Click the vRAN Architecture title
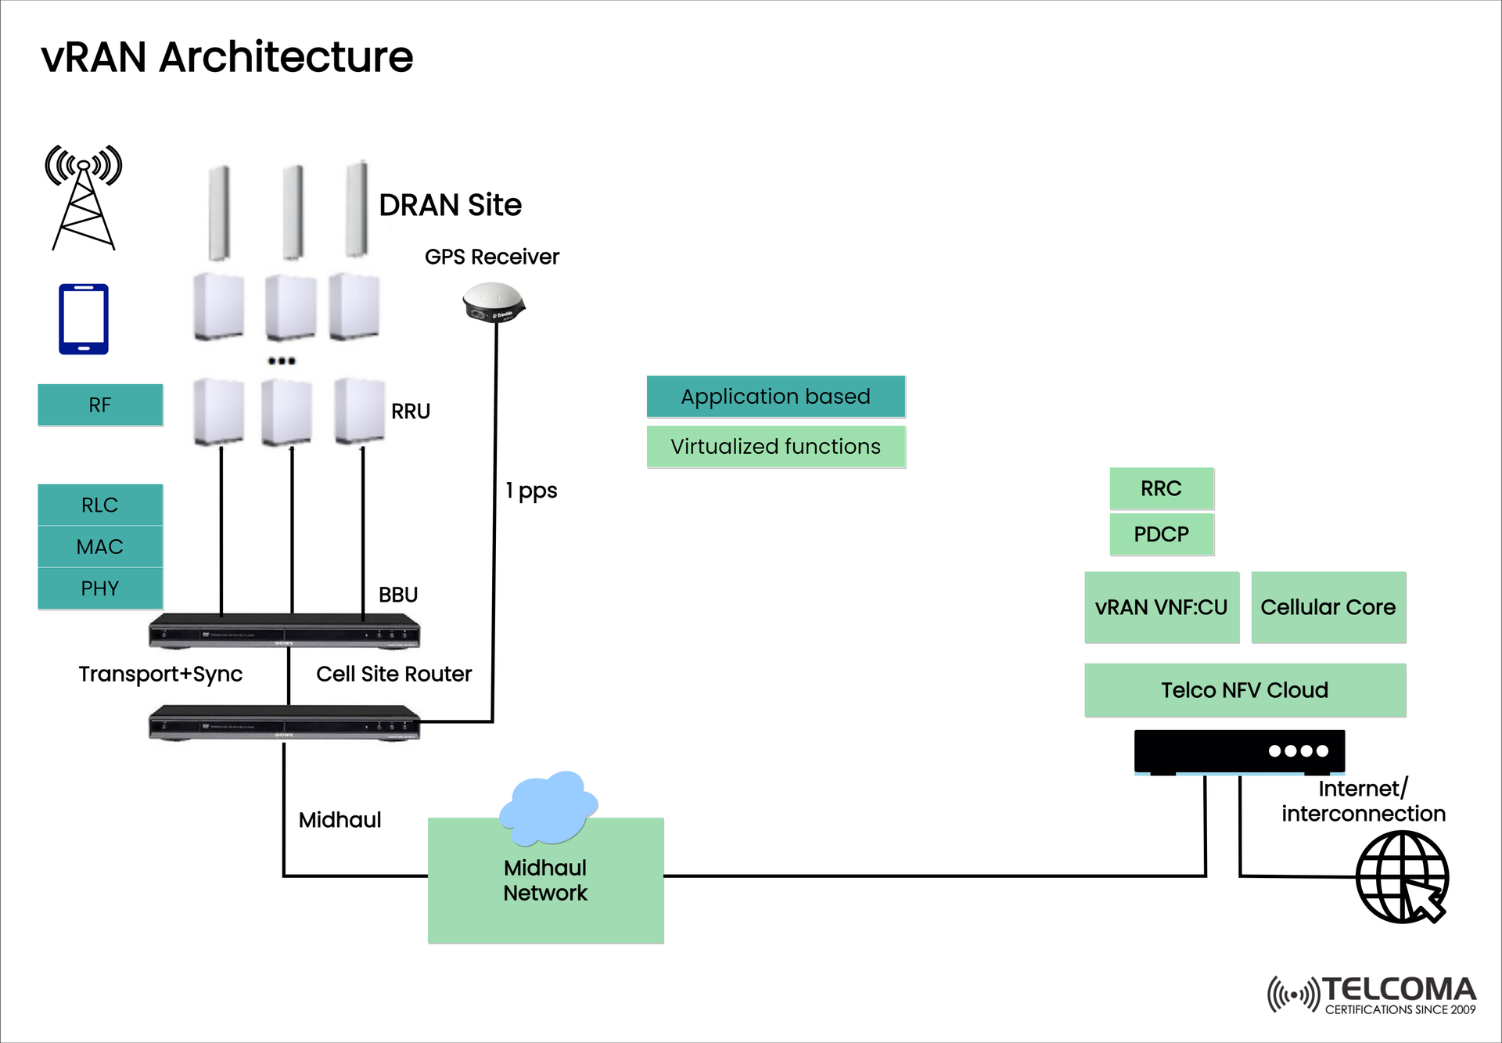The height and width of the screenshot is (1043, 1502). coord(227,57)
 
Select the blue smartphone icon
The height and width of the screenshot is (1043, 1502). coord(84,319)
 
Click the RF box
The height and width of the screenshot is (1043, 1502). coord(100,405)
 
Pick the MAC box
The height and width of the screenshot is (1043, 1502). coord(100,546)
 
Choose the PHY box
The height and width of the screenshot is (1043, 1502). coord(100,588)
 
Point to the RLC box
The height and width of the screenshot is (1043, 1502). coord(100,505)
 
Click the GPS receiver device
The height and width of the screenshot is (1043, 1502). coord(494,303)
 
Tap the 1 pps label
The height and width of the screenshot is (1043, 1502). coord(531,491)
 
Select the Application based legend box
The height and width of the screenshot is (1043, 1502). coord(775,397)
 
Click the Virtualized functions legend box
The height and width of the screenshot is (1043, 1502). coord(775,447)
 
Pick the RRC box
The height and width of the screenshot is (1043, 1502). coord(1162,488)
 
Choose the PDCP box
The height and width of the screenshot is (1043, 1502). coord(1162,534)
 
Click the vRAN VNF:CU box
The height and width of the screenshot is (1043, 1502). coord(1162,607)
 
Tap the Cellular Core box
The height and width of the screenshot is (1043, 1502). coord(1328,607)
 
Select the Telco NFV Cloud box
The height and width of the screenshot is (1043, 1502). coord(1245,690)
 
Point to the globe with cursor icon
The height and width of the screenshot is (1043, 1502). coord(1402,877)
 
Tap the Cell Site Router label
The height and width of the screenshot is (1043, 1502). coord(393,674)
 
